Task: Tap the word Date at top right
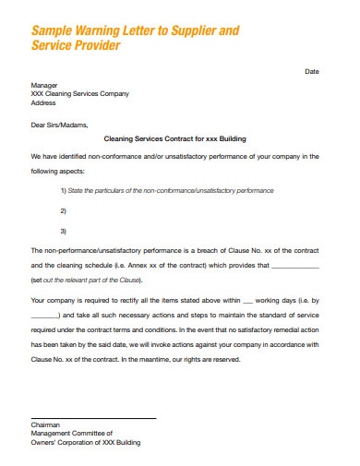[x=312, y=71]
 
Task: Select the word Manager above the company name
[x=45, y=84]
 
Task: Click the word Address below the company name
[x=44, y=102]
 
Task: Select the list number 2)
[x=63, y=210]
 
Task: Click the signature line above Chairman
[x=92, y=417]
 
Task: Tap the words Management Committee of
[x=71, y=433]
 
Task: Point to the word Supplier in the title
[x=192, y=30]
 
